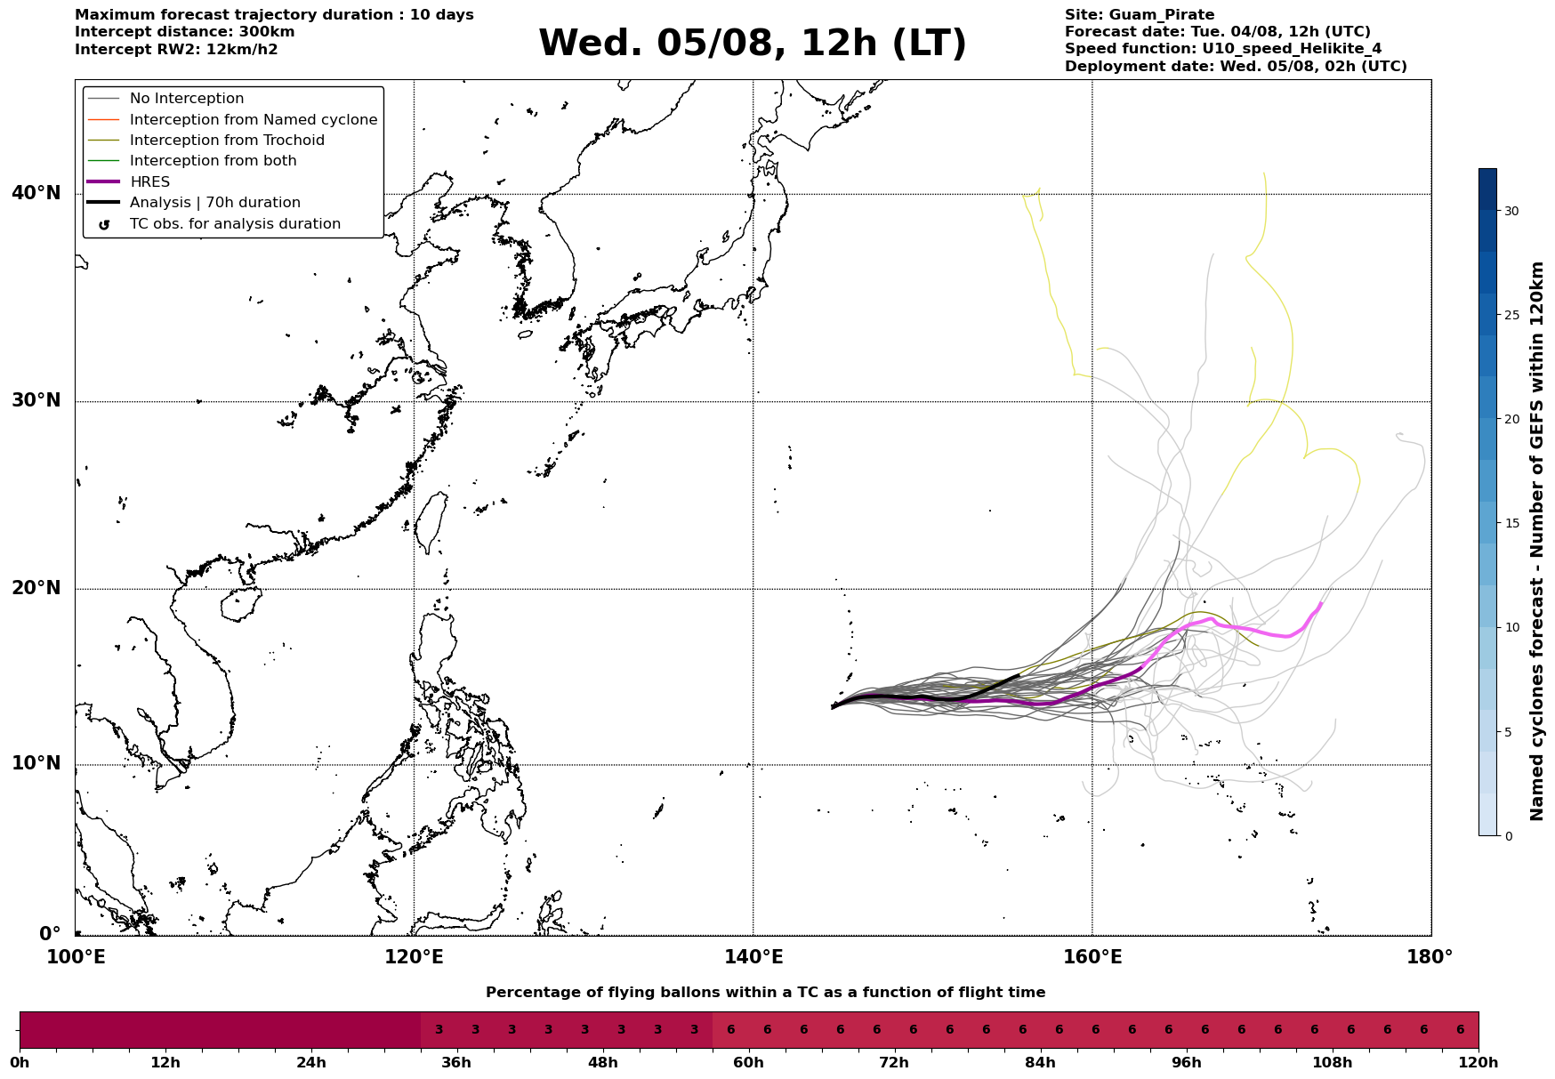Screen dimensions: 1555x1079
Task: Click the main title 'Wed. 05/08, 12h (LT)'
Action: coord(752,44)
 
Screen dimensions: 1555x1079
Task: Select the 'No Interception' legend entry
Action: coord(187,99)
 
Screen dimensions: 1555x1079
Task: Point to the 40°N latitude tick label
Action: coord(36,193)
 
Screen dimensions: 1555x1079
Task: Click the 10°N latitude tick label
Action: coord(36,764)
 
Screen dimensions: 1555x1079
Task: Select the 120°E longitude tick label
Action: coord(415,958)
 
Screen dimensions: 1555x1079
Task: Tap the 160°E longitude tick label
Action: coord(1092,958)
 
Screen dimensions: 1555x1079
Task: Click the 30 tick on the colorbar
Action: coord(1511,211)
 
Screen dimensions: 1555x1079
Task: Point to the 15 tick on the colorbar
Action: coord(1511,523)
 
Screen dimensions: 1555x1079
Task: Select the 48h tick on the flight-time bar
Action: coord(603,1063)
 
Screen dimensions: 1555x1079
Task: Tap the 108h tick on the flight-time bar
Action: coord(1333,1063)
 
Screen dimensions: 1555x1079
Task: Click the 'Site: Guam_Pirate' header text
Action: coord(1140,15)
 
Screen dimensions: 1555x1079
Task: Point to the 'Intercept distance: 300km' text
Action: coord(185,32)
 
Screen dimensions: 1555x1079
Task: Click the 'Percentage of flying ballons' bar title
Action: coord(766,993)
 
